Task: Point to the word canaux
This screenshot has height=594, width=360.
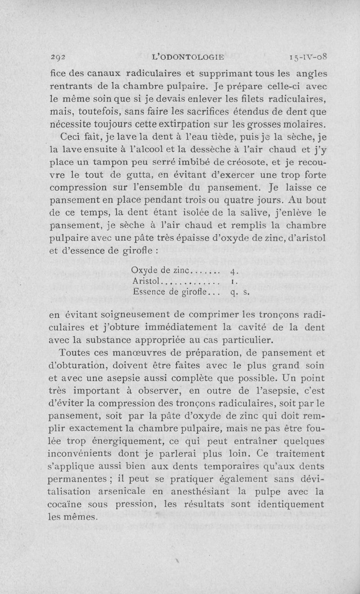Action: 107,73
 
